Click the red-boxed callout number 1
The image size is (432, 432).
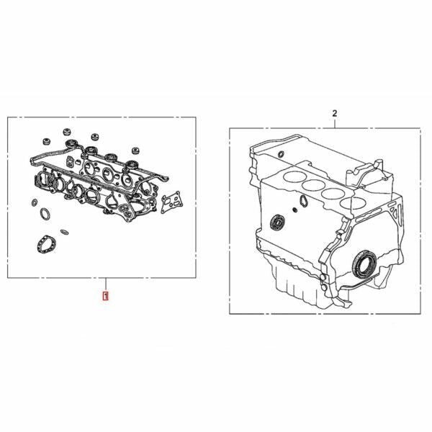pyautogui.click(x=105, y=296)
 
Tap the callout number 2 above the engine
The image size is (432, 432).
pyautogui.click(x=335, y=113)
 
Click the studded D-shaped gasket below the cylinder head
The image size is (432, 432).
pyautogui.click(x=45, y=244)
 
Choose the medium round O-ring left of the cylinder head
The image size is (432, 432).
pyautogui.click(x=45, y=214)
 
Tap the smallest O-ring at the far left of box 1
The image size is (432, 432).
pyautogui.click(x=35, y=202)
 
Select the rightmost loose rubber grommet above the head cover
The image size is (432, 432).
pyautogui.click(x=135, y=150)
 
